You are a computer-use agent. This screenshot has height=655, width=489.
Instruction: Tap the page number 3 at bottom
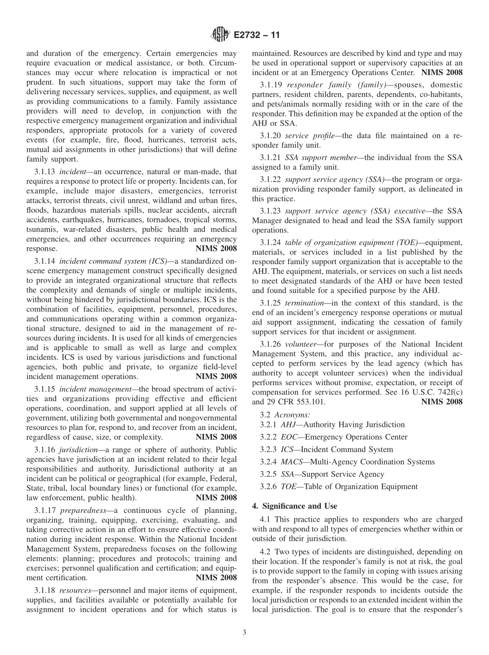point(244,633)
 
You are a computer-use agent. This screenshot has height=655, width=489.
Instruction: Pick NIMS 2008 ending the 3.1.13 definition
point(216,248)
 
